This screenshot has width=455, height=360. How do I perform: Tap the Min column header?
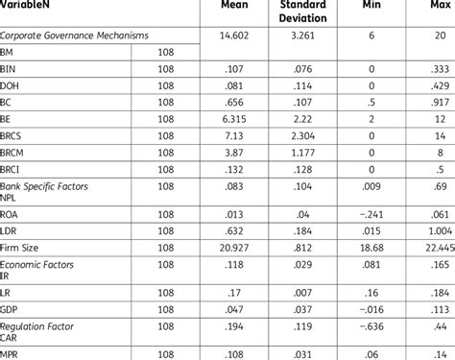368,13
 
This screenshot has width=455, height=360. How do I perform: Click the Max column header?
428,13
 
